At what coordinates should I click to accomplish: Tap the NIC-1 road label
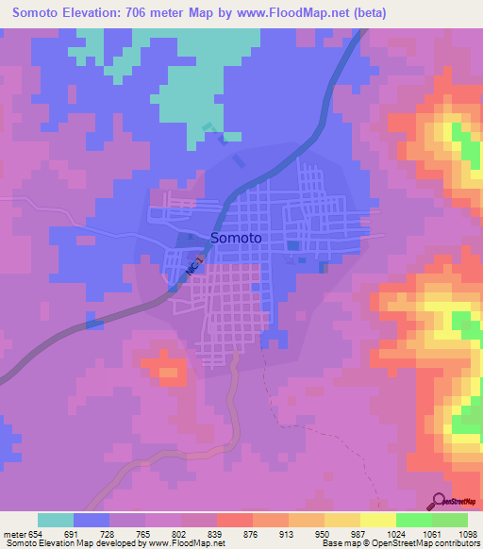click(194, 264)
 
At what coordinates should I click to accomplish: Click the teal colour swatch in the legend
click(56, 520)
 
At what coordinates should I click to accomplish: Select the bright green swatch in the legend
click(414, 520)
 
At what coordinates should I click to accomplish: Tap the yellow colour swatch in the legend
click(378, 520)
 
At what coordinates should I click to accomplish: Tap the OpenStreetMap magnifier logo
click(440, 502)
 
